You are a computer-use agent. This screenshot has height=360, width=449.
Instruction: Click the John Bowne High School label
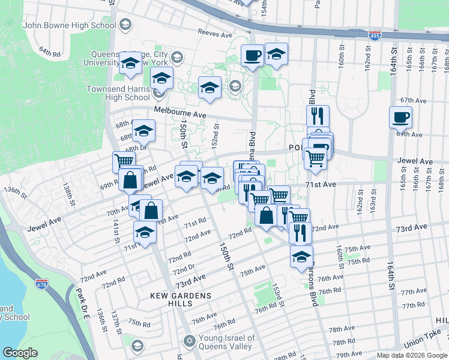(x=69, y=26)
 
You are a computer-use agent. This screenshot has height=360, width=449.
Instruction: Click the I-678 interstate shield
(x=41, y=283)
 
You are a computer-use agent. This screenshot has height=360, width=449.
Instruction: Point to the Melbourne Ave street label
(x=179, y=111)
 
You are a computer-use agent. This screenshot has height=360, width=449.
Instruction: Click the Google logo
(x=20, y=353)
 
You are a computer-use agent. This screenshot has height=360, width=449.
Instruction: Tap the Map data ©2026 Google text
(x=412, y=355)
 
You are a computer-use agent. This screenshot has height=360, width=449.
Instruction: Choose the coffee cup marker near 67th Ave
(x=400, y=117)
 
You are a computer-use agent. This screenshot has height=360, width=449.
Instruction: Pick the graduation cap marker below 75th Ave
(x=301, y=257)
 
